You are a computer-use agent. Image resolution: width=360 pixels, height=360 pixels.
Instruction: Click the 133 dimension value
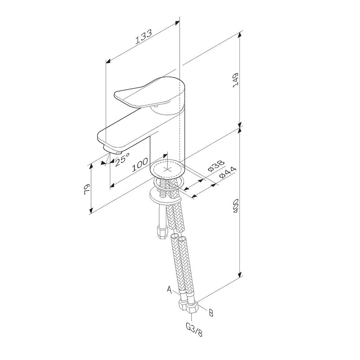pyautogui.click(x=144, y=36)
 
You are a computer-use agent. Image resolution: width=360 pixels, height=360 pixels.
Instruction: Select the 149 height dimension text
pyautogui.click(x=236, y=80)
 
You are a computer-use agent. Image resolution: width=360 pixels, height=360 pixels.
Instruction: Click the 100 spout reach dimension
pyautogui.click(x=140, y=165)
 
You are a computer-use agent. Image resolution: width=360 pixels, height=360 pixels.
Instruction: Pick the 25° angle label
pyautogui.click(x=122, y=159)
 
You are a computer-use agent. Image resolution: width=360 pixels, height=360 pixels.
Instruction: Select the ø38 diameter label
pyautogui.click(x=216, y=166)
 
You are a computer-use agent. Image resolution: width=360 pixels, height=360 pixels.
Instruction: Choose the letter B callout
pyautogui.click(x=211, y=313)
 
